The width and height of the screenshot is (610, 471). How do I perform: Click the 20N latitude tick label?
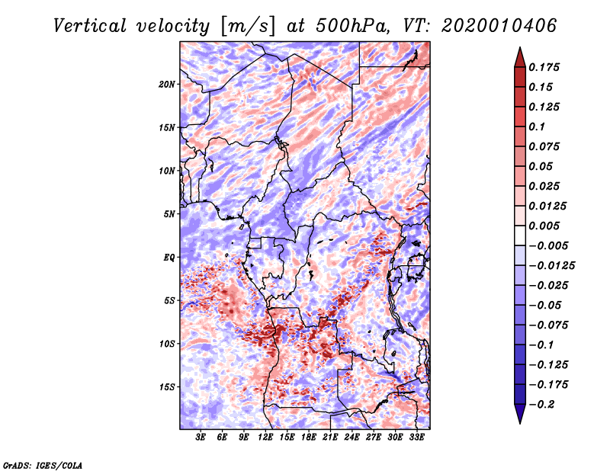(167, 84)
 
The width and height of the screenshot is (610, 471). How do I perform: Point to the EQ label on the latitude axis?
(169, 257)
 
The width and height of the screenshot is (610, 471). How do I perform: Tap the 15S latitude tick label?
(167, 387)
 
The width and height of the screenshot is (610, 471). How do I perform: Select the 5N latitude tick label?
(169, 214)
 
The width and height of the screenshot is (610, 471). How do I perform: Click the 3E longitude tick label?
(201, 437)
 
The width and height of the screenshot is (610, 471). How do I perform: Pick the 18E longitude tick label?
(309, 437)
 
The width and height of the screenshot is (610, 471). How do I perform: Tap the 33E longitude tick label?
(416, 437)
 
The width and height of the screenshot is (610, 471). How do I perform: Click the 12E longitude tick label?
(265, 437)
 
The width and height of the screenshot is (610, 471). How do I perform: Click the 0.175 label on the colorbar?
(544, 67)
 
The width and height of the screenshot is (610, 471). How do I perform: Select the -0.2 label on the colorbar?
(541, 405)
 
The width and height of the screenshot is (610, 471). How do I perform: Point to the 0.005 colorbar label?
(544, 226)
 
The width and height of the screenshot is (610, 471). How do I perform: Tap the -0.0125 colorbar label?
(551, 266)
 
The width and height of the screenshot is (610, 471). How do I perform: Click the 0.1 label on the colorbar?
(537, 127)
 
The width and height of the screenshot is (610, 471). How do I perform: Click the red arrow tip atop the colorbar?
(520, 48)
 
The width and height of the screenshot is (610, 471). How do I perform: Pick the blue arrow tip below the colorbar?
(520, 423)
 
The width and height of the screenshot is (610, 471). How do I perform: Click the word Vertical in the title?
(90, 26)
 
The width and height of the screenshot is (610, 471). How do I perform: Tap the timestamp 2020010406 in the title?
(499, 26)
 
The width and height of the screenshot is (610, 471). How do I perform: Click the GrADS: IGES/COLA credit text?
(43, 465)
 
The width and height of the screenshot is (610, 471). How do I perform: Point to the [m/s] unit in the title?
(248, 26)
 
